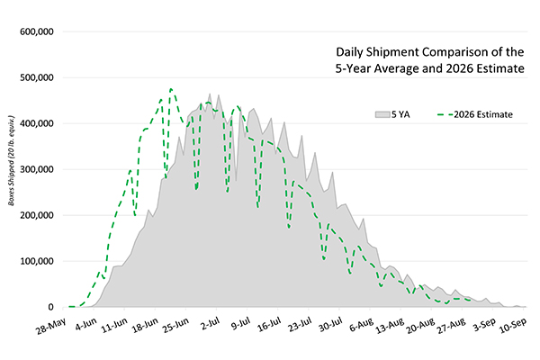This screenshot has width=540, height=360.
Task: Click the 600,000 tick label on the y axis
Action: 37,31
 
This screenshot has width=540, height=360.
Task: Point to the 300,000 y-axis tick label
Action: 37,169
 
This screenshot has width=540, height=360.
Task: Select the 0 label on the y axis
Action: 51,307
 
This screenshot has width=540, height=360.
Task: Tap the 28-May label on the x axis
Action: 50,327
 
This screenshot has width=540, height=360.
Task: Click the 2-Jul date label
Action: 211,324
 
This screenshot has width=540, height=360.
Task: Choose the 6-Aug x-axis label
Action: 362,325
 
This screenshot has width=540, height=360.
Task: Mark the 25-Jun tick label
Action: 176,326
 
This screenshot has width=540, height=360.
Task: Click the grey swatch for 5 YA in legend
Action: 382,114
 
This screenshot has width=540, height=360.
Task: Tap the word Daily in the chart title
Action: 349,52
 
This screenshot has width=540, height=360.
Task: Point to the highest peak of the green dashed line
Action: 171,89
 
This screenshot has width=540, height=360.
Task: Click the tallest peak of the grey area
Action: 210,94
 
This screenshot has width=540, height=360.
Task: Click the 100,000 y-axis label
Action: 37,262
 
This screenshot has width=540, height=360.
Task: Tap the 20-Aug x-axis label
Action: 421,326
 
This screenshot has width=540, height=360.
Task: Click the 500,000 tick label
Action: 37,78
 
